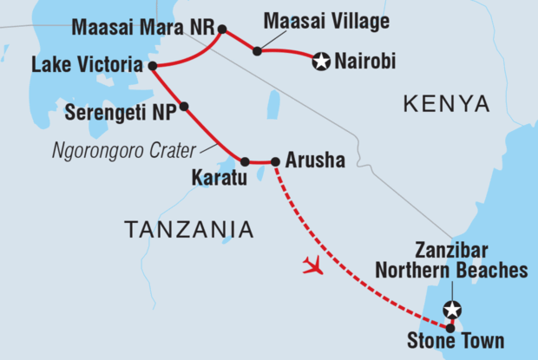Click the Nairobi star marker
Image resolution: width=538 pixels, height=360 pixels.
[321, 62]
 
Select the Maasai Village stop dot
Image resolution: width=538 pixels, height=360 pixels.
[257, 51]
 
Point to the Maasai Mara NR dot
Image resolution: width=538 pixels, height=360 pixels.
[221, 29]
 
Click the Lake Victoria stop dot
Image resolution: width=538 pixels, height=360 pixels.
[152, 65]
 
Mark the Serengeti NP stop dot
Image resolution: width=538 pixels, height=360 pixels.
[183, 107]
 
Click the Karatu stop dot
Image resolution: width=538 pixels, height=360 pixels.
[245, 161]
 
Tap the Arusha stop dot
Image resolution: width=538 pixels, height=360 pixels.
[275, 161]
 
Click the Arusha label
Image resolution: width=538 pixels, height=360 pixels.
[315, 160]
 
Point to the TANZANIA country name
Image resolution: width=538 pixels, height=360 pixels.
[189, 230]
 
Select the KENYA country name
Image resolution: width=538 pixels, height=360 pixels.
[446, 105]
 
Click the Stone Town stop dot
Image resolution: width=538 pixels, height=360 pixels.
[450, 327]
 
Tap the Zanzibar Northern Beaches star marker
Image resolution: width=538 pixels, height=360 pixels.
[450, 308]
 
